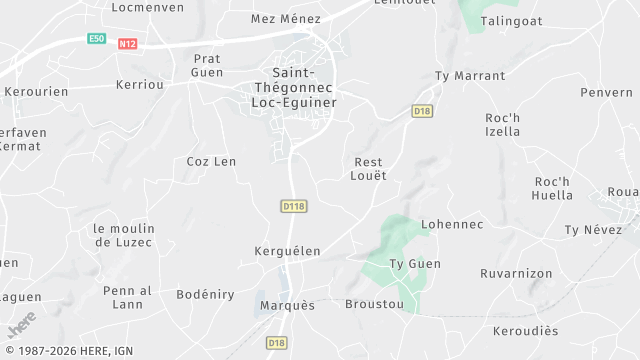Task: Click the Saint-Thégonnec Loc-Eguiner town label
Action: pos(293,87)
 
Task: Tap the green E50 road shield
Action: pos(96,39)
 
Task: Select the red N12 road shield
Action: pos(127,44)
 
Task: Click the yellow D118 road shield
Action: pos(293,205)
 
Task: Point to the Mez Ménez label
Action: pos(286,19)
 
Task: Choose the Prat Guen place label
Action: pos(207,65)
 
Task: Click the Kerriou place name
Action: pos(140,85)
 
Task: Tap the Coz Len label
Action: pos(211,161)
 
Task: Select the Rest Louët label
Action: pos(370,168)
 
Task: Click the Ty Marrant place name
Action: pos(470,76)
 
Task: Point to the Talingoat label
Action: pos(512,20)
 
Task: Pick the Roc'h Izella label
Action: pos(502,124)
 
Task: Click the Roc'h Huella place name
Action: pos(553,188)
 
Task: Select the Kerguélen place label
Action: pos(287,251)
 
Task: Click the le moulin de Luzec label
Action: pos(123,235)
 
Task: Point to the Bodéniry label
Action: pos(205,294)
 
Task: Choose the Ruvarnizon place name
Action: pos(516,272)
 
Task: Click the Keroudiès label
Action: pos(525,331)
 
